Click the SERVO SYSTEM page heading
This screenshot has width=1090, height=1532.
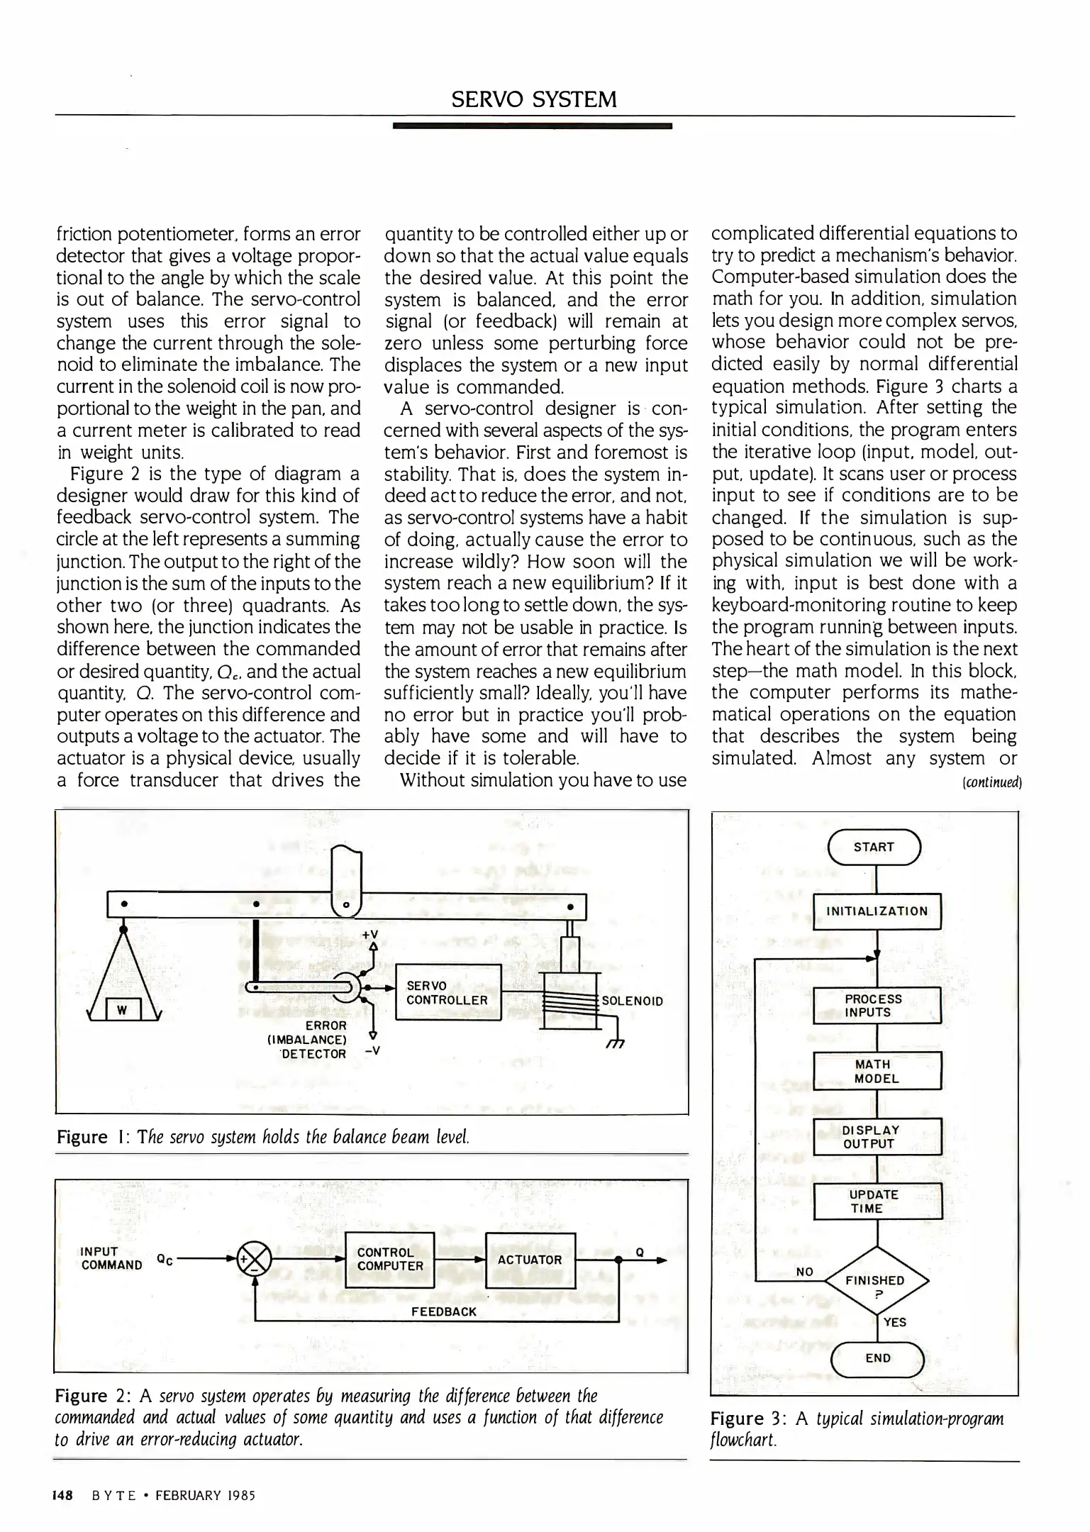(533, 99)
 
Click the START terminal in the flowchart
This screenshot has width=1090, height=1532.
(874, 847)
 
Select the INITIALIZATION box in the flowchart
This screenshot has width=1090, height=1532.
(877, 911)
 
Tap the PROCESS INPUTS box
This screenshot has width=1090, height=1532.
(877, 1006)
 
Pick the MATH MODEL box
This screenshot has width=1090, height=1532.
(877, 1071)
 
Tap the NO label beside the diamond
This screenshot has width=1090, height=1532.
(804, 1272)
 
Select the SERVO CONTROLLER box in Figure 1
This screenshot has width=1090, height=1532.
(447, 993)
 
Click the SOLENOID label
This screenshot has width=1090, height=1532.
(633, 1001)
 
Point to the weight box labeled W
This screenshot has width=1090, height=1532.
(123, 1010)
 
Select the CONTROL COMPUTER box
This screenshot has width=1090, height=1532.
(389, 1260)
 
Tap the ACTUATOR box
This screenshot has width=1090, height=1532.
(529, 1260)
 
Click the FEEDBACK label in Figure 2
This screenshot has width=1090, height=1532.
(444, 1311)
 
